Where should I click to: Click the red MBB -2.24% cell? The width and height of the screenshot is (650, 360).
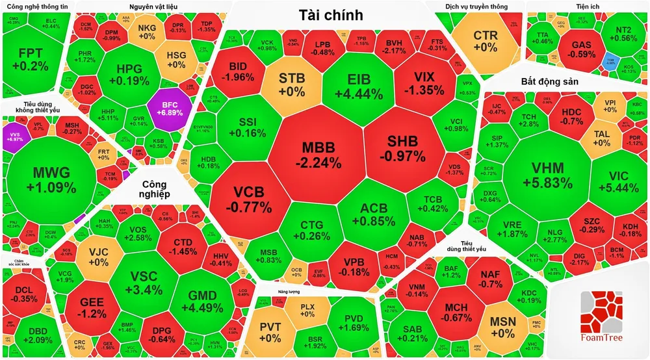(x=317, y=154)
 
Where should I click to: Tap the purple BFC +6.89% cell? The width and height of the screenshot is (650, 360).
(x=169, y=108)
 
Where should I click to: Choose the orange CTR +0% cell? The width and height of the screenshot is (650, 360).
(x=485, y=41)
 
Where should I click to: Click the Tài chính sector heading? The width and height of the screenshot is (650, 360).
(x=331, y=16)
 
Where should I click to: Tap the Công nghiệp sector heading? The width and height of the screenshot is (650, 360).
(x=156, y=189)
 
